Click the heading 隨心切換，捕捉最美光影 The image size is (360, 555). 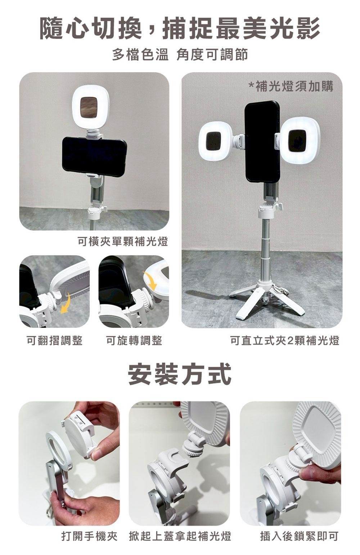(x=180, y=28)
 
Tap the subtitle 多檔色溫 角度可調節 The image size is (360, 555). (x=180, y=55)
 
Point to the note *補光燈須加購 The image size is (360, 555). (x=291, y=86)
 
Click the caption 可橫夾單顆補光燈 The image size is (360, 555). (x=123, y=241)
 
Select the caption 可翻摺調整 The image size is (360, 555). (x=55, y=340)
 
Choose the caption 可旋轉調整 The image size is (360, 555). (x=134, y=340)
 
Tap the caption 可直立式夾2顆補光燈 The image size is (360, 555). (x=285, y=340)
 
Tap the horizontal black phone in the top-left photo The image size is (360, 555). (x=94, y=157)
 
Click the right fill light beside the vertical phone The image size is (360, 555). (x=300, y=140)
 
